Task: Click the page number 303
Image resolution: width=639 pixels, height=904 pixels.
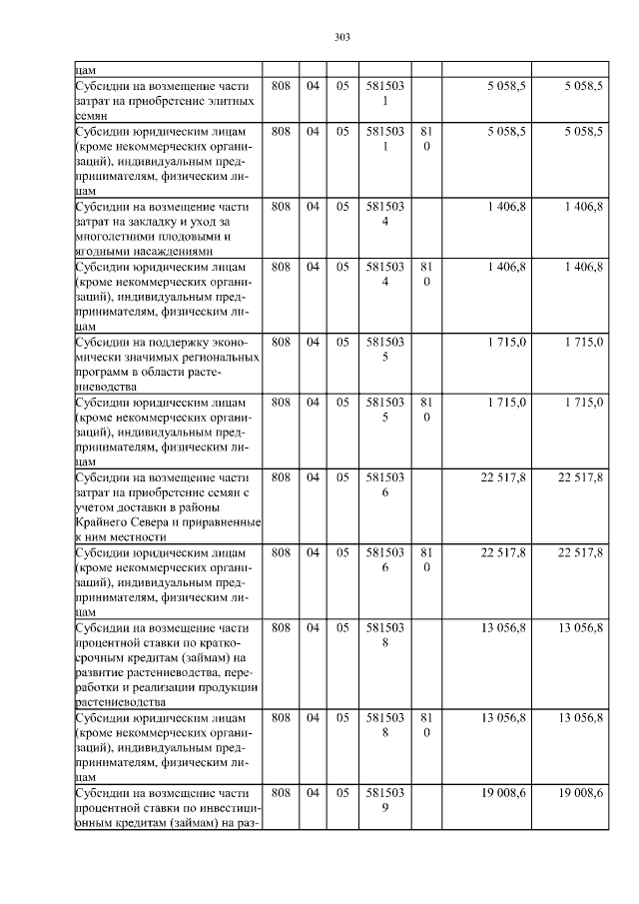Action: (341, 38)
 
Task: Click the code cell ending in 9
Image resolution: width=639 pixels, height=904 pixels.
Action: (384, 799)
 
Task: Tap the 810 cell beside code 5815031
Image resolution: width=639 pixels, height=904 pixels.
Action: (426, 138)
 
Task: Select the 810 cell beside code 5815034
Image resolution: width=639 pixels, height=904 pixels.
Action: (426, 274)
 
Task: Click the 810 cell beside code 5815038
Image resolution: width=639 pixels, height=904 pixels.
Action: (426, 724)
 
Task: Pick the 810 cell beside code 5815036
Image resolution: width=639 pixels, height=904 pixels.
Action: (426, 559)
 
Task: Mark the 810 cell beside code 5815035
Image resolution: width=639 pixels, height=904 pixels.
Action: (426, 410)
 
